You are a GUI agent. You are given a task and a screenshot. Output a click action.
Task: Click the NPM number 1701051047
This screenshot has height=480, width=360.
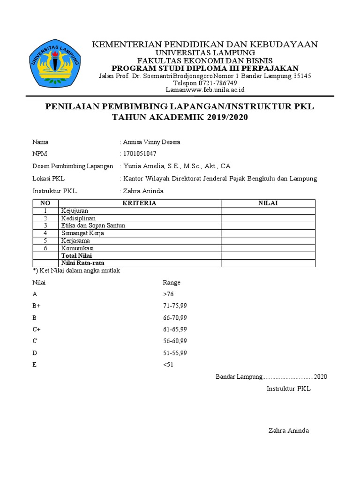pyautogui.click(x=140, y=154)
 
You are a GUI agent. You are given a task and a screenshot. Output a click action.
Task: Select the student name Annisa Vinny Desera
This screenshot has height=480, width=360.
pyautogui.click(x=151, y=142)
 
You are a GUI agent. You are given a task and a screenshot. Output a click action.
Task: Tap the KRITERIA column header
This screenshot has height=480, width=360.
pyautogui.click(x=139, y=203)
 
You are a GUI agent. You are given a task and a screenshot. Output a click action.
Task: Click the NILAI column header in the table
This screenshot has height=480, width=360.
pyautogui.click(x=268, y=203)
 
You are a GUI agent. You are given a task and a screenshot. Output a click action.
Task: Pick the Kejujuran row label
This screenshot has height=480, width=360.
pyautogui.click(x=75, y=211)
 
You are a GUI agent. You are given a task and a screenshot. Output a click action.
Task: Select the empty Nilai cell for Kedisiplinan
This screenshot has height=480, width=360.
pyautogui.click(x=268, y=218)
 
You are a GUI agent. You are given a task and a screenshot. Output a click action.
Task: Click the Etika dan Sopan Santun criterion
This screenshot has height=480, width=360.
pyautogui.click(x=93, y=225)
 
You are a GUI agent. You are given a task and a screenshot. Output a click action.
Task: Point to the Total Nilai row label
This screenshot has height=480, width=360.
pyautogui.click(x=76, y=255)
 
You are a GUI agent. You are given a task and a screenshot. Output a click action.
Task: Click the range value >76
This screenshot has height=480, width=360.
pyautogui.click(x=168, y=294)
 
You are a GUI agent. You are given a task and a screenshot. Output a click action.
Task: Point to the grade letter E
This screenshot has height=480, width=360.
pyautogui.click(x=34, y=365)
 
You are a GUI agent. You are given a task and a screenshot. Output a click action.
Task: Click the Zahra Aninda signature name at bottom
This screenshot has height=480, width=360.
pyautogui.click(x=288, y=431)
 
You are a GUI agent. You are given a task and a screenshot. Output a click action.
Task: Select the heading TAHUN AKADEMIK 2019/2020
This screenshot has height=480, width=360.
pyautogui.click(x=179, y=117)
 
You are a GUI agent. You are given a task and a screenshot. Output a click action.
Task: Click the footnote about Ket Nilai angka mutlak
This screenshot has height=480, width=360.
pyautogui.click(x=79, y=270)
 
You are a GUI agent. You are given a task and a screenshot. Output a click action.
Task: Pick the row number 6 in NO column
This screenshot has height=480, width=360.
pyautogui.click(x=45, y=248)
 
